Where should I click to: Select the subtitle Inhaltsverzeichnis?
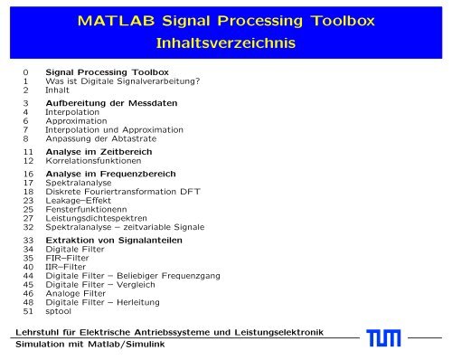[226, 43]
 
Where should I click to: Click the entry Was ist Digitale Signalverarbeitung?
[123, 80]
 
